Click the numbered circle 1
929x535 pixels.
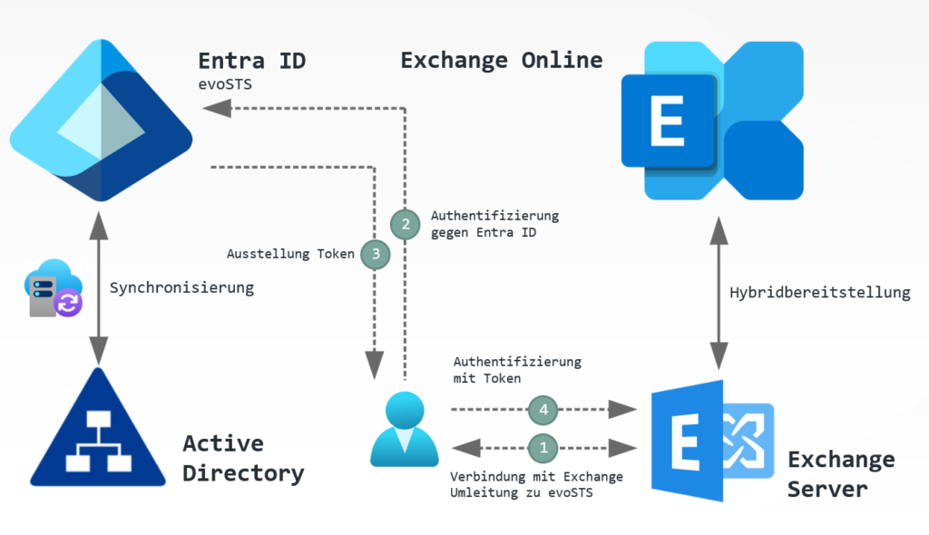(x=543, y=447)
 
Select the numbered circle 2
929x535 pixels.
(x=406, y=222)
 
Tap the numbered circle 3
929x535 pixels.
(x=375, y=255)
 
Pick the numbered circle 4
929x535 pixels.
(x=543, y=410)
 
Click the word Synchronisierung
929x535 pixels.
(x=181, y=288)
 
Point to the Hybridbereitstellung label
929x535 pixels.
(x=819, y=292)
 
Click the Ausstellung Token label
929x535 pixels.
(x=290, y=255)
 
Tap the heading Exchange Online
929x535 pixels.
(x=501, y=61)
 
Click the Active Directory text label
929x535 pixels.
(x=243, y=458)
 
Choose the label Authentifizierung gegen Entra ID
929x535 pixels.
(x=494, y=223)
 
